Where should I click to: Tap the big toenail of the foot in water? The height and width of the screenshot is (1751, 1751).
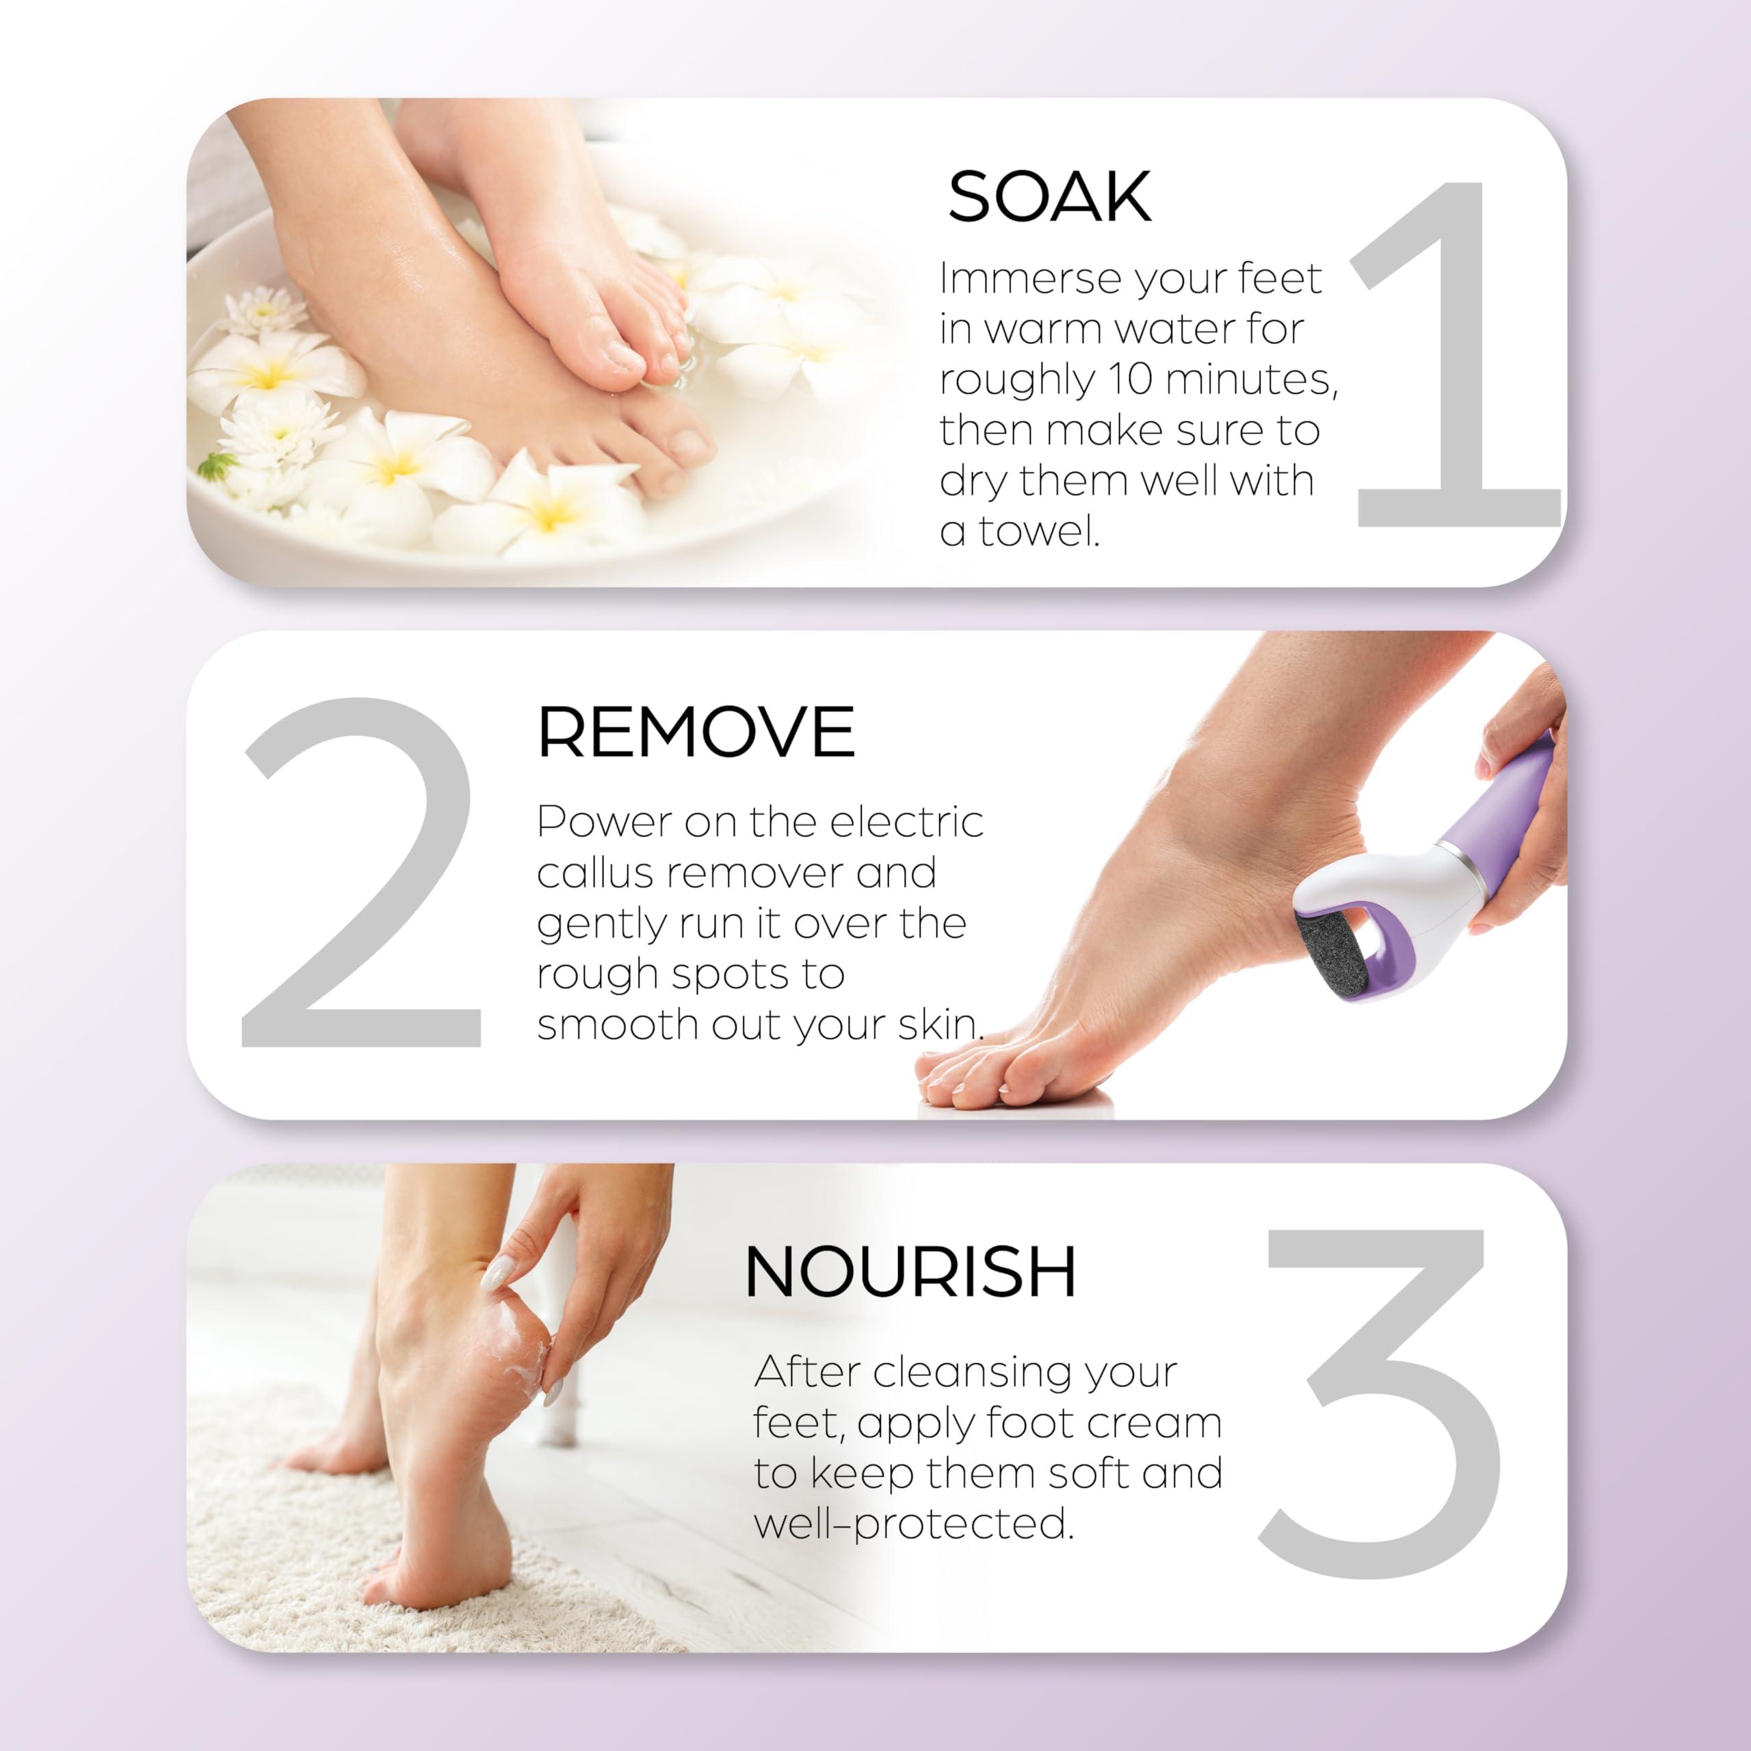click(692, 443)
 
